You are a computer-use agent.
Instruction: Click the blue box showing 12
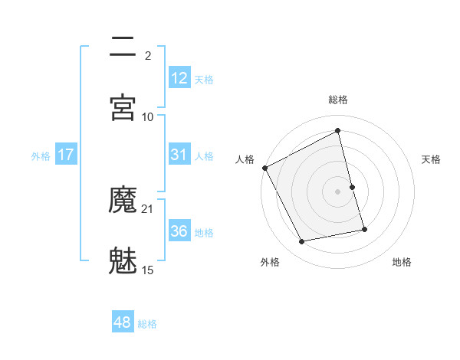coord(179,78)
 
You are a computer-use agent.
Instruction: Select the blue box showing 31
coord(179,155)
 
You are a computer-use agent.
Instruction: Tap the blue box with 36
coord(179,231)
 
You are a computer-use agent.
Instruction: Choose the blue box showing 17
coord(66,155)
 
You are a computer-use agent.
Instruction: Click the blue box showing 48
coord(123,322)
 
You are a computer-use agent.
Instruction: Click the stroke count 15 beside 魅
coord(148,270)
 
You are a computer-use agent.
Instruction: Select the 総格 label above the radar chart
coord(338,100)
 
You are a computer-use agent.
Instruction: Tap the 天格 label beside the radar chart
coord(431,159)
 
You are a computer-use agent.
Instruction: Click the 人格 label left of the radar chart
coord(245,159)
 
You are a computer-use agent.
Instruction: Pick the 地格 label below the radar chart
coord(402,262)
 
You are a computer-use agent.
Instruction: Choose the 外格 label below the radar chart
coord(270,262)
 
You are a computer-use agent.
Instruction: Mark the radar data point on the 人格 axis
coord(264,168)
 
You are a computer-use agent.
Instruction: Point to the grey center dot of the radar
coord(338,191)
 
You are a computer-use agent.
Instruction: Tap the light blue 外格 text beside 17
coord(41,155)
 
